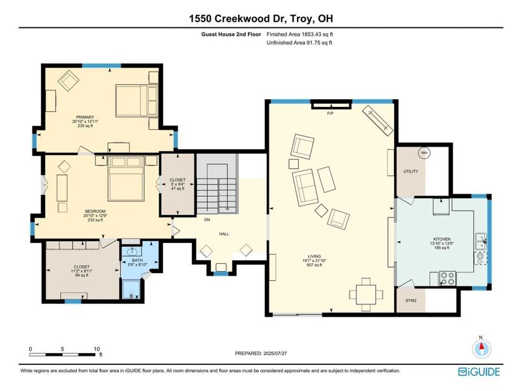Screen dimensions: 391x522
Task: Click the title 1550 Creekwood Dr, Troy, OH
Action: (x=261, y=19)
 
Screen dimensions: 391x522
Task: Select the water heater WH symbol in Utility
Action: (x=423, y=154)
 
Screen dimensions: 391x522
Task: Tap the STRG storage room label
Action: (x=410, y=300)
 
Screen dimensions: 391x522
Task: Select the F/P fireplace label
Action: (x=330, y=113)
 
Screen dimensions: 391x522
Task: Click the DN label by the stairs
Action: (x=207, y=220)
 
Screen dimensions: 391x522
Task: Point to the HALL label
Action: (x=224, y=233)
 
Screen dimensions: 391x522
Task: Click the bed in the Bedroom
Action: (x=127, y=178)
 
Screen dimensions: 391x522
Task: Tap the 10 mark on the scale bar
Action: (x=97, y=349)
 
